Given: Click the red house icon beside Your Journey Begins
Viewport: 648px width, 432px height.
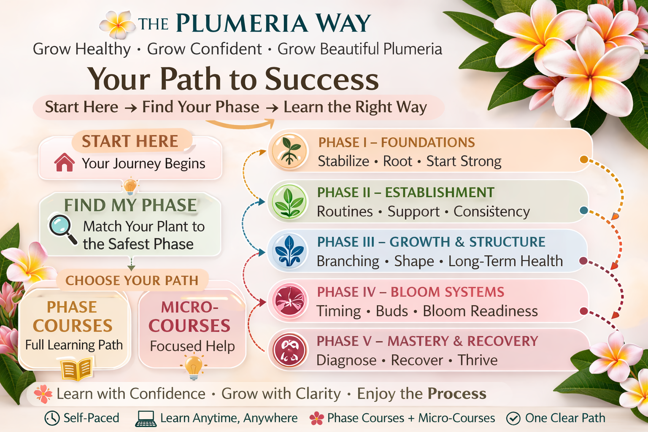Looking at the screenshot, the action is tap(65, 162).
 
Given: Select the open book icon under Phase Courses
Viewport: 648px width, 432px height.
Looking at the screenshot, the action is tap(76, 369).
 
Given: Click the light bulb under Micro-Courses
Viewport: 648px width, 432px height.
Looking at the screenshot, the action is tap(194, 366).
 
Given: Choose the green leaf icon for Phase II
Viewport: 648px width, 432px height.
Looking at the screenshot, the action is tap(289, 202).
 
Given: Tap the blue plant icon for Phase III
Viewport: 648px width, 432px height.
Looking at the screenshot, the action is tap(289, 251).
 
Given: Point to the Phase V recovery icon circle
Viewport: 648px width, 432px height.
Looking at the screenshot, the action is tap(289, 350).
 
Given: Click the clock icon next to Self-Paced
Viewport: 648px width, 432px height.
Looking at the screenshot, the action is tap(52, 418).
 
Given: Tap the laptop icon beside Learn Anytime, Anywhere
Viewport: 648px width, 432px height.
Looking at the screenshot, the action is tap(146, 418).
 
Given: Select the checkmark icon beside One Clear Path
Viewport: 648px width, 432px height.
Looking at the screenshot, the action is tap(513, 418).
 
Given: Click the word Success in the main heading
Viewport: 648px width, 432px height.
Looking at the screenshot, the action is tap(321, 79).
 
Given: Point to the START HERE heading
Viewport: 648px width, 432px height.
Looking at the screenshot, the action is tap(130, 141).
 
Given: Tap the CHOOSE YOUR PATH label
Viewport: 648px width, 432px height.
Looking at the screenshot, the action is tap(132, 281).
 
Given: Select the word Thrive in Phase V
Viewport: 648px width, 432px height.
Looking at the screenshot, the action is tap(478, 360).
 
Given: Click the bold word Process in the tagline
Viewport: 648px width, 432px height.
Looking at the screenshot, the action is tap(457, 394).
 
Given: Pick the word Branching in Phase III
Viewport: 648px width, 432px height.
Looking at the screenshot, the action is tap(348, 262).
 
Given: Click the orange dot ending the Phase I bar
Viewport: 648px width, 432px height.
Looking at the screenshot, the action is tap(584, 159).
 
